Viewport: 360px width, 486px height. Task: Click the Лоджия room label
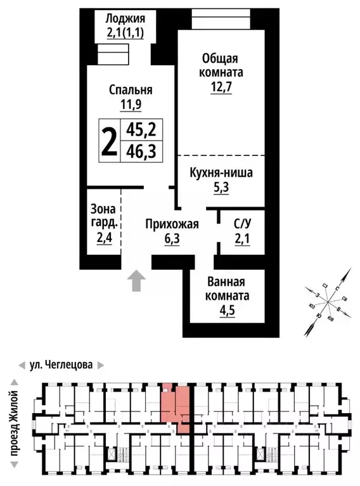point(125,18)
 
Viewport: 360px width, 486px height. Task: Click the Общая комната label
point(219,65)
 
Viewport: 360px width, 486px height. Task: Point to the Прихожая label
point(172,224)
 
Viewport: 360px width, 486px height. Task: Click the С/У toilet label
point(241,224)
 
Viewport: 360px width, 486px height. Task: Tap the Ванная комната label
point(228,289)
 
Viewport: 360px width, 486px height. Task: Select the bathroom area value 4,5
point(228,310)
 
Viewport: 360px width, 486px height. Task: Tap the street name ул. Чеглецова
point(61,365)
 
